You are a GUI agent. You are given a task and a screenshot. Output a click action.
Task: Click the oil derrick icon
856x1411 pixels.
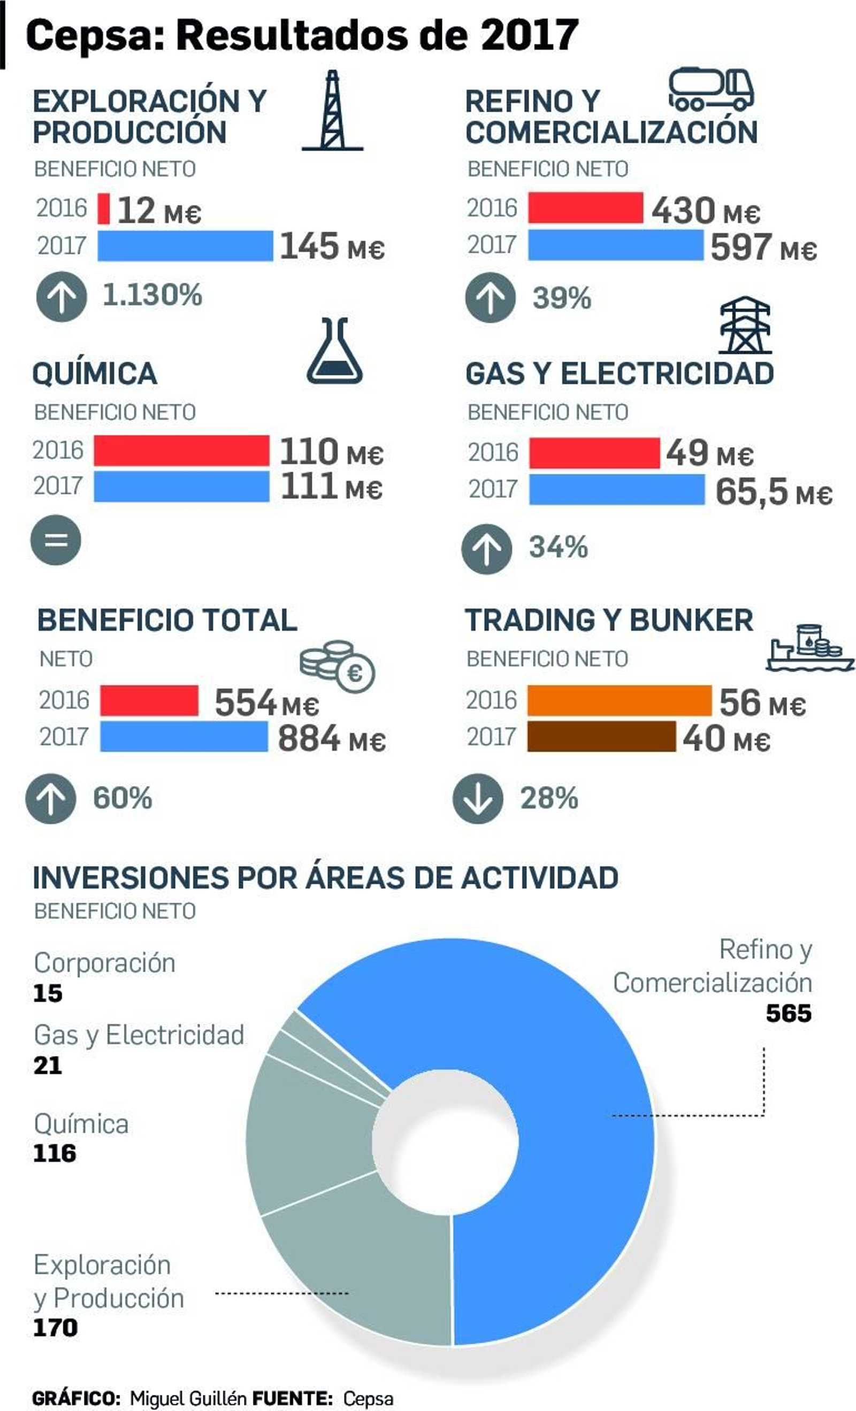[332, 111]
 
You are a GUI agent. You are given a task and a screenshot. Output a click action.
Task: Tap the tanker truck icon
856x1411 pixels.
[711, 89]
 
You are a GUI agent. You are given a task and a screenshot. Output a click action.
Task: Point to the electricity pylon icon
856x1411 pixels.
[744, 325]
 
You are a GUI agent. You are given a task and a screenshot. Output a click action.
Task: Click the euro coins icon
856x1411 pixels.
[338, 666]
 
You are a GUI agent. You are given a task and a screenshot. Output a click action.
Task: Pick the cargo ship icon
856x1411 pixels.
[809, 647]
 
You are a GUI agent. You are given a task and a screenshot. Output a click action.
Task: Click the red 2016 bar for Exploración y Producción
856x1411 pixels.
[104, 209]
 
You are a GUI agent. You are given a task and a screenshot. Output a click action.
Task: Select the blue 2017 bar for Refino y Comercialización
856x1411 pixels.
[615, 245]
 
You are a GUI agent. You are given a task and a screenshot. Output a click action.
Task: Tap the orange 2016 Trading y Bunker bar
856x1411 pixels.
[619, 700]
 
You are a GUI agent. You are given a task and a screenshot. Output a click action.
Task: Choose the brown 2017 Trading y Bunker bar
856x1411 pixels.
[601, 736]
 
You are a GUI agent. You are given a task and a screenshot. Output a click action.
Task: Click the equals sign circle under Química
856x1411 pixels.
[56, 540]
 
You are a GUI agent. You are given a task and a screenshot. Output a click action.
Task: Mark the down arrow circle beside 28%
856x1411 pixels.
[478, 798]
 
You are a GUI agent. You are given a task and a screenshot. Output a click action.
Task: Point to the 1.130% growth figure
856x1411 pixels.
[152, 295]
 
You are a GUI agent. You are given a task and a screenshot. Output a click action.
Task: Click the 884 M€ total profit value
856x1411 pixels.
[331, 739]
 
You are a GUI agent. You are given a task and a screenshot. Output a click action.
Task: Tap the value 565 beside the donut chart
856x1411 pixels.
[789, 1013]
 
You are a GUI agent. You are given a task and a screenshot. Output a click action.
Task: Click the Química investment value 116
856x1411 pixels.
[55, 1153]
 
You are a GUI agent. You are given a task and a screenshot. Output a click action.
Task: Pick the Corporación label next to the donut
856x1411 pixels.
[104, 962]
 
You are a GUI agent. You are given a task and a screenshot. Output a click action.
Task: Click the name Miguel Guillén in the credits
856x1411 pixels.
[188, 1398]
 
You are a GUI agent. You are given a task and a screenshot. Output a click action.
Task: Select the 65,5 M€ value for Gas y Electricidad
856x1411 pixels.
[773, 491]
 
